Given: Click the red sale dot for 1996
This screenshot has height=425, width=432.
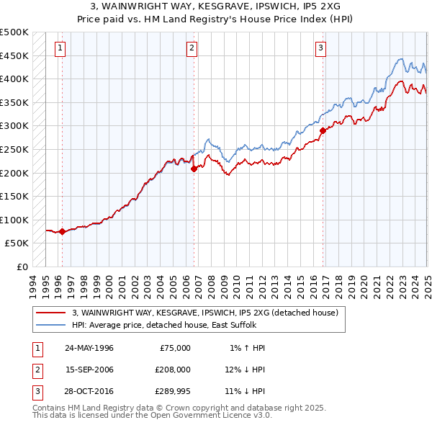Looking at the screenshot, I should point(62,232).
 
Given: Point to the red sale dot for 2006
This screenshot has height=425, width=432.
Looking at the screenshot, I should point(194,169).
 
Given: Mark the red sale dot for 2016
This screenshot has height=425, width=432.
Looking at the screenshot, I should point(323,130).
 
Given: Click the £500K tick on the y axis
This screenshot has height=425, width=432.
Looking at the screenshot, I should point(14,32).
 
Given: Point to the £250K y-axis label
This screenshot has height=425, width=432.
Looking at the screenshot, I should point(14,150).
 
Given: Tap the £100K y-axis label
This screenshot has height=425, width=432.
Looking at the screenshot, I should point(14,220).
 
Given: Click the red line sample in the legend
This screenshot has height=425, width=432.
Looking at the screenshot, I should point(50,313).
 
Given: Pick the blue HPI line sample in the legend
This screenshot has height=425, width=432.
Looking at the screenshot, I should point(50,326).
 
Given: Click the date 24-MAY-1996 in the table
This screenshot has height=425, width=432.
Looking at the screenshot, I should point(89,348).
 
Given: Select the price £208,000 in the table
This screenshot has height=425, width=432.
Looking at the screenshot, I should point(173,370).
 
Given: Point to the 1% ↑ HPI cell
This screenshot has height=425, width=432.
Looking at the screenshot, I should point(247,348).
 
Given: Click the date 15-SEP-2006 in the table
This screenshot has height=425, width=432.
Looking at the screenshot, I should point(89,370).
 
